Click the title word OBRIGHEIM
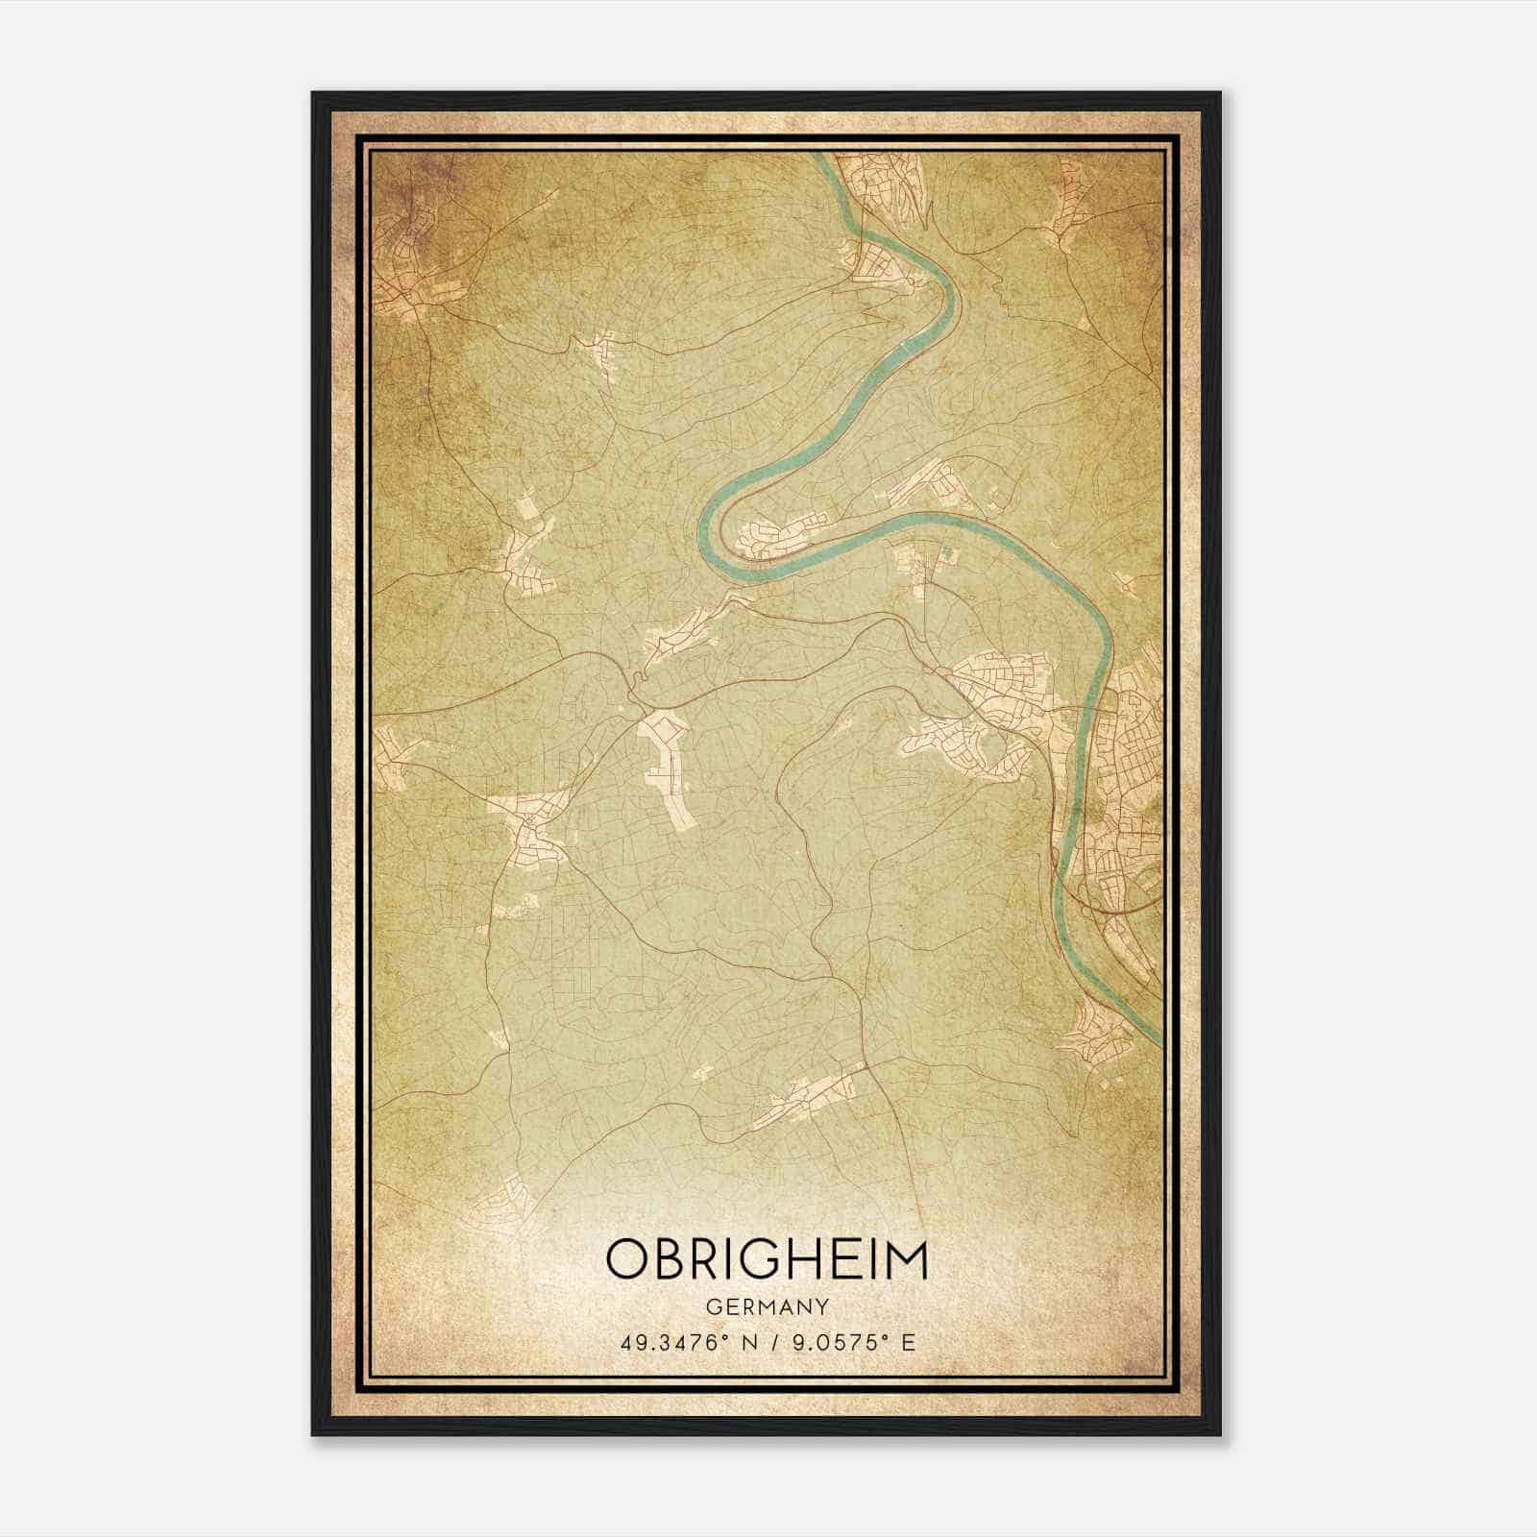(x=768, y=1258)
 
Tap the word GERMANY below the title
(x=768, y=1307)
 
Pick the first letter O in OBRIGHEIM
(x=625, y=1258)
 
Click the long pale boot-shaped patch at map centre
(x=668, y=759)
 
